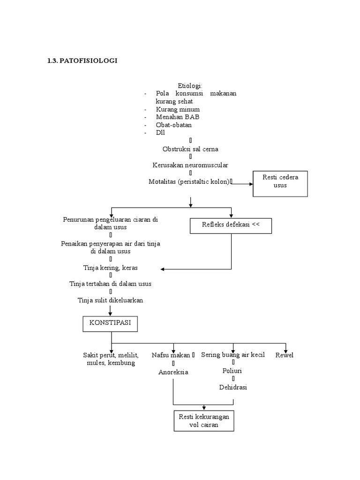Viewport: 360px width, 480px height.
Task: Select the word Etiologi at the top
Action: click(x=190, y=85)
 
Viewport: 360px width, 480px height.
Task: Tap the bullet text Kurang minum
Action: click(x=174, y=109)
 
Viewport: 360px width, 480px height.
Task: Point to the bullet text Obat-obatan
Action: click(x=174, y=125)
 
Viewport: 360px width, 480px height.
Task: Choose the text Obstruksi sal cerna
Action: click(x=190, y=149)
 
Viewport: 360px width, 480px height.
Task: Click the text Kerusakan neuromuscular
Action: click(x=190, y=165)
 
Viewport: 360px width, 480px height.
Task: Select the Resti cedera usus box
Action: click(x=280, y=183)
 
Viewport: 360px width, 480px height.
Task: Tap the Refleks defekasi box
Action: click(x=231, y=225)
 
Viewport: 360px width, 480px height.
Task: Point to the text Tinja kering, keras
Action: click(x=110, y=268)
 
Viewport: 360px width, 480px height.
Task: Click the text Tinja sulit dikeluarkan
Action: click(x=110, y=300)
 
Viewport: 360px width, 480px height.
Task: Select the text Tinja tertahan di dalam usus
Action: click(x=110, y=284)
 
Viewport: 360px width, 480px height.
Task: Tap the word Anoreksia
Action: click(x=173, y=372)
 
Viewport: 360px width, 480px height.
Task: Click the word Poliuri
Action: click(x=233, y=371)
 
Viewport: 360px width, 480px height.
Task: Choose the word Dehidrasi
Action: click(x=233, y=387)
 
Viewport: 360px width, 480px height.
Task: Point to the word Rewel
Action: click(x=285, y=355)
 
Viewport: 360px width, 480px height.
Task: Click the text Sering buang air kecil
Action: click(x=233, y=355)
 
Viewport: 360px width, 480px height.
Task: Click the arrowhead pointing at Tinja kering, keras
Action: click(x=163, y=269)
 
